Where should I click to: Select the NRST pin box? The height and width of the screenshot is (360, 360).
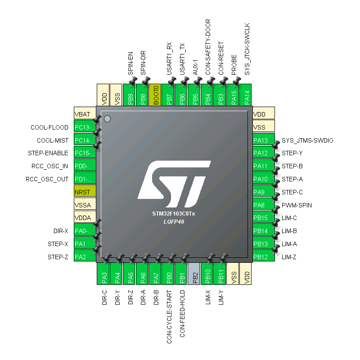pos(85,192)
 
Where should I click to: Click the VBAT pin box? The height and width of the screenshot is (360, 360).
pos(85,114)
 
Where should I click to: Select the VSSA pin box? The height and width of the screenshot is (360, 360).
pos(85,205)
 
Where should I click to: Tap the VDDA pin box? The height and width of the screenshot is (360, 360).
pos(85,218)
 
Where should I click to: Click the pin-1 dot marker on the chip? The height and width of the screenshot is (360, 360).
pos(107,119)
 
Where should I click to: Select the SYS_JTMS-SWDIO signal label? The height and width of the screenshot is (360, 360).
pos(307,140)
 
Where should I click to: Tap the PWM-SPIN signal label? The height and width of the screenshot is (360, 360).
pos(297,205)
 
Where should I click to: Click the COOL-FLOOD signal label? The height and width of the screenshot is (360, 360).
pos(49,127)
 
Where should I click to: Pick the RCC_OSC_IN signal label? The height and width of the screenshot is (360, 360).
pos(50,166)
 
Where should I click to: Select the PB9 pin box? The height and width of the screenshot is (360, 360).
pos(130,95)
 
